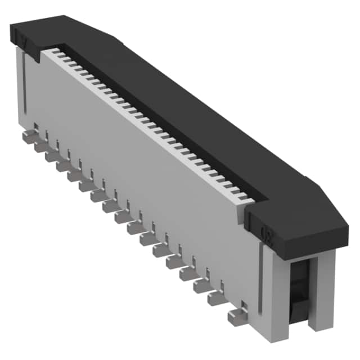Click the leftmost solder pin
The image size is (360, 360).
tap(28, 137)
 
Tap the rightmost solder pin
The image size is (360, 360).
tap(236, 316)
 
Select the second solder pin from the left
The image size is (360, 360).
tap(40, 147)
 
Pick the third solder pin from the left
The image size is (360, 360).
tap(52, 157)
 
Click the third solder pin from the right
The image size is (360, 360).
tap(201, 286)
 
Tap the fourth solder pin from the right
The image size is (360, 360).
tap(187, 274)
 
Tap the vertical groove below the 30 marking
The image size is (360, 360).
tap(260, 281)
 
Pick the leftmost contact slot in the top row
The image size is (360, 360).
tap(56, 52)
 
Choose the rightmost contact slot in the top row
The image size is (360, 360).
tap(247, 199)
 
